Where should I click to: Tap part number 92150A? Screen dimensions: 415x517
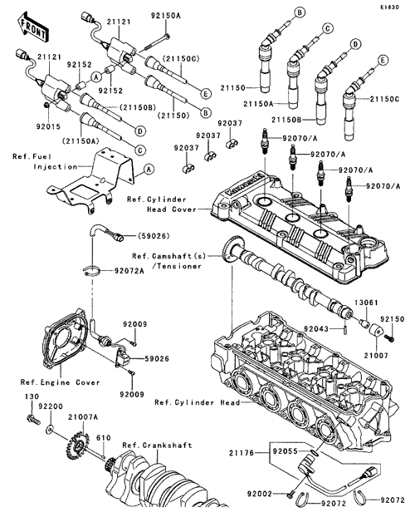tap(166, 16)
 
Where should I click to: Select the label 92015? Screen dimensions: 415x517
tap(48, 126)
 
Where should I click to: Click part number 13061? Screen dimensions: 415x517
tap(366, 303)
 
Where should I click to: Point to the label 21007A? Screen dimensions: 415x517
tap(83, 417)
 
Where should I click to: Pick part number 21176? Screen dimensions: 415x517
tap(242, 453)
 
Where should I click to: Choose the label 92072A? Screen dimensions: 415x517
tap(129, 271)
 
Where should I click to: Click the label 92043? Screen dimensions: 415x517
tap(316, 328)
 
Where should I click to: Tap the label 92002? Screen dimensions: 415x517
tap(260, 494)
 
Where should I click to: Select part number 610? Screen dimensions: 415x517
tap(104, 438)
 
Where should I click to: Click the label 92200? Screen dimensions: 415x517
tap(51, 406)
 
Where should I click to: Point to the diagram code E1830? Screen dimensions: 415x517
tap(391, 7)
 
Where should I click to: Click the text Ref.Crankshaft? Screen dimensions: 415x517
tap(157, 446)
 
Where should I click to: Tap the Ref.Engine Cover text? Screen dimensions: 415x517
tap(61, 382)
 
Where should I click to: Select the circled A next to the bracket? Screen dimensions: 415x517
tap(149, 170)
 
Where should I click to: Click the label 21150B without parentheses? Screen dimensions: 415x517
tap(286, 120)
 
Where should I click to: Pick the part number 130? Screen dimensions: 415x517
tap(32, 396)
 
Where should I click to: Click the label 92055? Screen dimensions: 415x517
tap(285, 451)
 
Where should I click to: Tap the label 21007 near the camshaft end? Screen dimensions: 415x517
tap(376, 356)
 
